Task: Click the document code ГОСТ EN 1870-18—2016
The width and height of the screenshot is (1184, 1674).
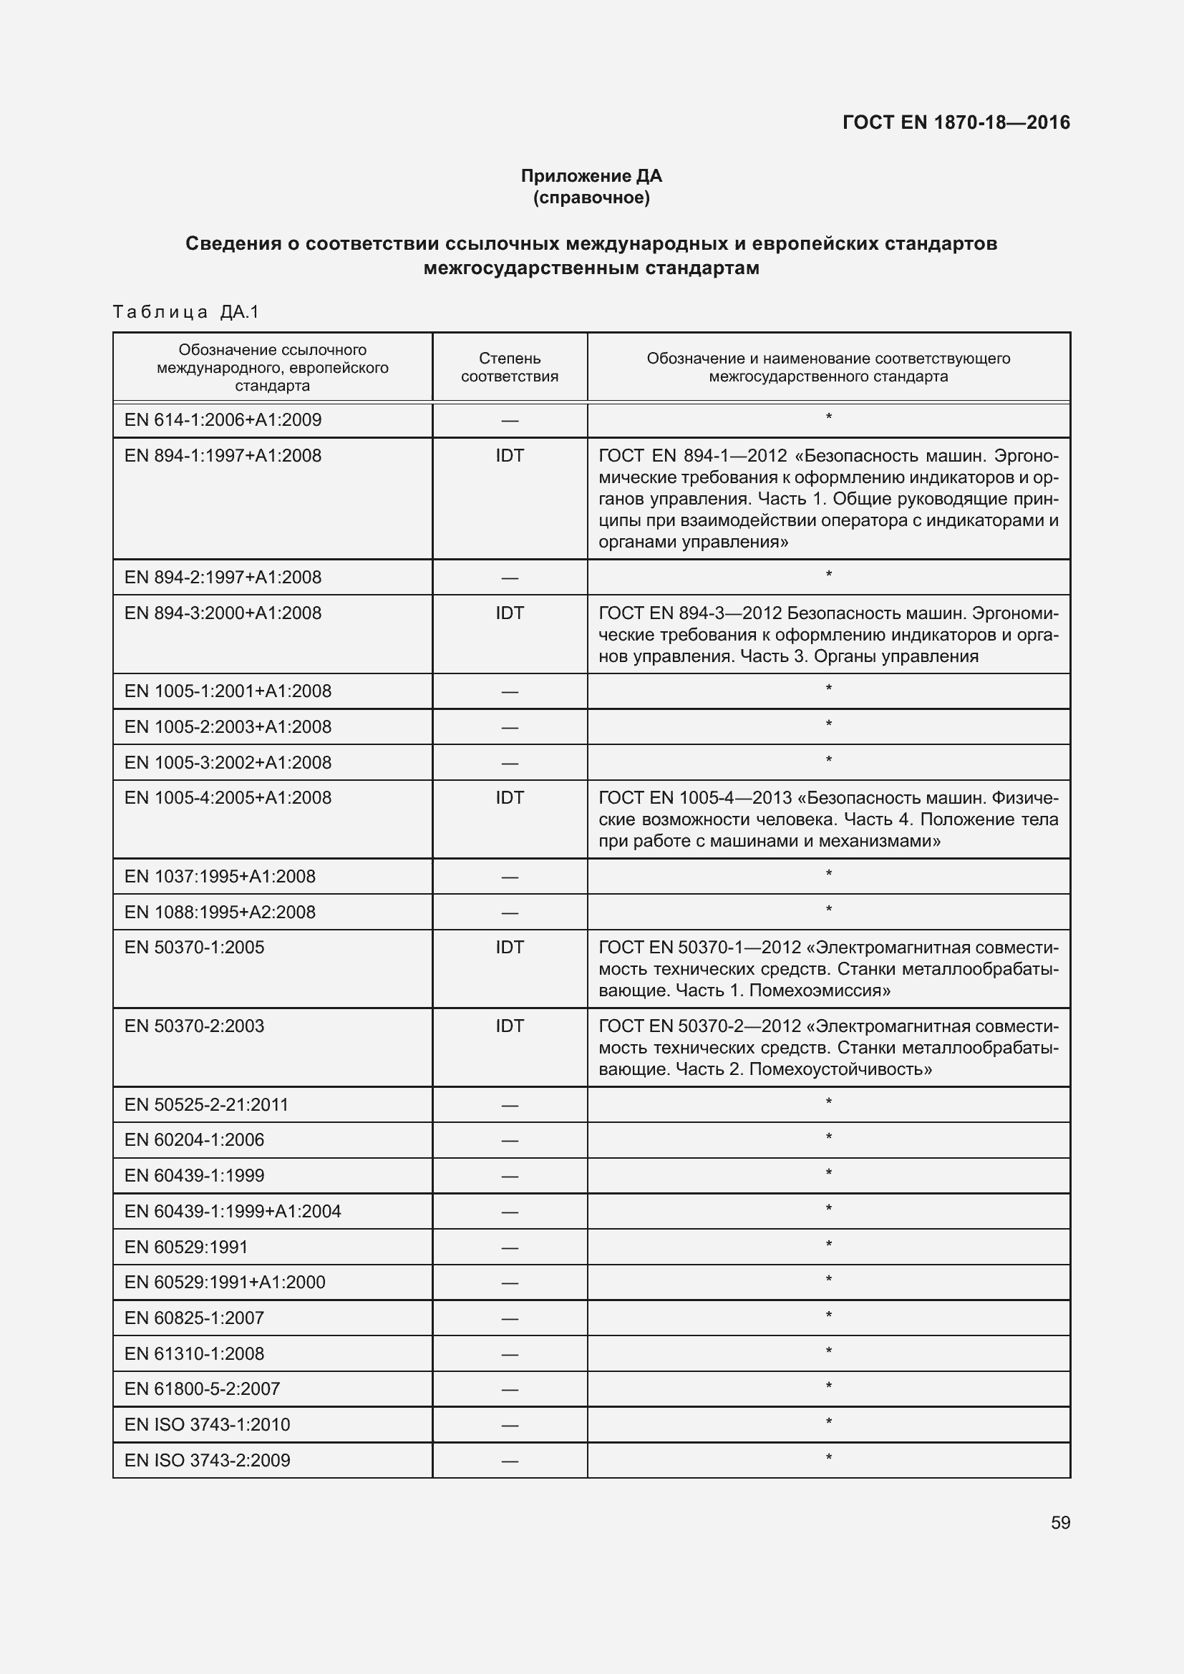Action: [956, 122]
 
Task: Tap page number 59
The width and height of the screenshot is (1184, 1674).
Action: [1060, 1522]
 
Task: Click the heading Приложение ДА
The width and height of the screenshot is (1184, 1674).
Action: [591, 176]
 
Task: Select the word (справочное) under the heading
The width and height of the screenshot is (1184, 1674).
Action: [591, 198]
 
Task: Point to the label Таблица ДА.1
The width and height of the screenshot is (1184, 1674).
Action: [186, 312]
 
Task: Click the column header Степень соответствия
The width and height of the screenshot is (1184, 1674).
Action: [510, 367]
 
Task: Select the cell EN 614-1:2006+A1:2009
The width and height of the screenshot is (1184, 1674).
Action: [223, 420]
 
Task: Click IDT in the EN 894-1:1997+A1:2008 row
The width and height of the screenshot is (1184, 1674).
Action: [510, 456]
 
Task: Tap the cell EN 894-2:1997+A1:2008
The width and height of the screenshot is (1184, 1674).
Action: [223, 578]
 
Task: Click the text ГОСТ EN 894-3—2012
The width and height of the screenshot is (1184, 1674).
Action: [689, 613]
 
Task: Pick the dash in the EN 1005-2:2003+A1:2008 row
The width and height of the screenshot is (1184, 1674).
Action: [510, 728]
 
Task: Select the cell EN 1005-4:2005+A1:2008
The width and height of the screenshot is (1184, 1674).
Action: [228, 797]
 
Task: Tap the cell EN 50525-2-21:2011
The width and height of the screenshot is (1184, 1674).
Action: [206, 1104]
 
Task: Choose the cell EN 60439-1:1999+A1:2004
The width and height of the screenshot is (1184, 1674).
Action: [233, 1211]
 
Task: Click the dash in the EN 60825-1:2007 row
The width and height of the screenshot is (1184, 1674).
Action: [510, 1318]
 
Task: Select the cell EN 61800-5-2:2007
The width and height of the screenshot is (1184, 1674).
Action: [202, 1389]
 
